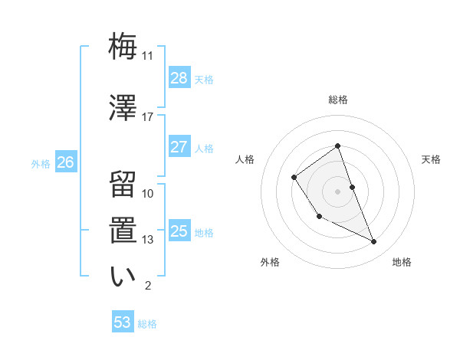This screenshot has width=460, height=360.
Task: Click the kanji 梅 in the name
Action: pos(123,45)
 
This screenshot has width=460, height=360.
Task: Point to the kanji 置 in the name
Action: pos(123,230)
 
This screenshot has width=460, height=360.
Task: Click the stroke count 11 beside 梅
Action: pos(148,55)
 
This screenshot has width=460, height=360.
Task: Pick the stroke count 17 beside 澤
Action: pos(148,116)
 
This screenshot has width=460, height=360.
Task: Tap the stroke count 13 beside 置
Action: pos(148,240)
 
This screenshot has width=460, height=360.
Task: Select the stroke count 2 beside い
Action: pos(148,286)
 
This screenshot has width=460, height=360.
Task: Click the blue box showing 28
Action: pos(179,77)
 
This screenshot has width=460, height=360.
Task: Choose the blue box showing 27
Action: pos(179,147)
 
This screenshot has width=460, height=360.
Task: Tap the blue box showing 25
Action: pos(179,231)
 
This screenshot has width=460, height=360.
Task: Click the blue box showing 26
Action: pos(66,162)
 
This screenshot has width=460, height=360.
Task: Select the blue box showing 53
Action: pos(123,322)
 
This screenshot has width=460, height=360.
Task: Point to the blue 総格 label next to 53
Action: pos(147,324)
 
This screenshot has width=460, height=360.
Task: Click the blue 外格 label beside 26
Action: pos(41,163)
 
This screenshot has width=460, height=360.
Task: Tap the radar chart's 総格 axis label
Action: pos(337,100)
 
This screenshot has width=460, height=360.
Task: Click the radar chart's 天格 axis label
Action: pos(432,159)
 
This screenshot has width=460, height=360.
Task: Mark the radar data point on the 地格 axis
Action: pos(374,241)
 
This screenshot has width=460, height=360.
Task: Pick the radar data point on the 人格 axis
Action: pos(294,178)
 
